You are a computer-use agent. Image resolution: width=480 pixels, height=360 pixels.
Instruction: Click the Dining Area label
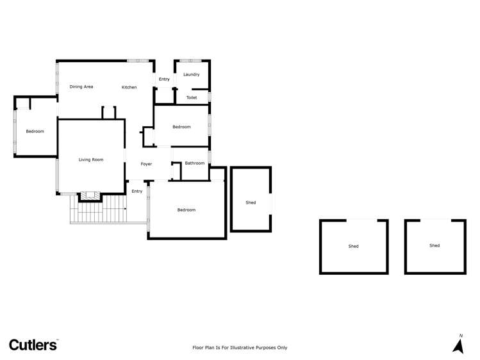tap(81, 86)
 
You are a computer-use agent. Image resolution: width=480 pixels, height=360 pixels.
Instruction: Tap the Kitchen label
tap(129, 87)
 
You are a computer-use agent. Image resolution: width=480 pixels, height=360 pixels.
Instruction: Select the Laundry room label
tap(191, 74)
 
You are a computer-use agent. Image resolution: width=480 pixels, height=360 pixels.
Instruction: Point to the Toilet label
tap(191, 97)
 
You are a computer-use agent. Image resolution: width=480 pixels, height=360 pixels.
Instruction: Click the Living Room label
tap(91, 160)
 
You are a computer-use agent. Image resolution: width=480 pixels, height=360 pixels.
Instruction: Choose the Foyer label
tap(147, 164)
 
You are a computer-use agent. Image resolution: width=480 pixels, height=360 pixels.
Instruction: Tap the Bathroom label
tap(195, 163)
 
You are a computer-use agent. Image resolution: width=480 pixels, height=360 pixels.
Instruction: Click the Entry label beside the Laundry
tap(164, 79)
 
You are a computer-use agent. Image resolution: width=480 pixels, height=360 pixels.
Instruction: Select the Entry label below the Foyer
tap(137, 191)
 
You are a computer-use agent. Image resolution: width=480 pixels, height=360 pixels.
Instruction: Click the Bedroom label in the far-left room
tap(35, 131)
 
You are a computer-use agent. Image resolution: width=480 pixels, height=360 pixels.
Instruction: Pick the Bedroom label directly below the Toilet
tap(181, 127)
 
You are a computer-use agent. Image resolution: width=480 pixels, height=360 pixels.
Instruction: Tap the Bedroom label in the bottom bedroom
tap(186, 209)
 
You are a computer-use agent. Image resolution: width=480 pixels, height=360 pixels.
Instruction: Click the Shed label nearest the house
tap(251, 202)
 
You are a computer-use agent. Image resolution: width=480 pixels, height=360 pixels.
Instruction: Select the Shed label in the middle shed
tap(354, 246)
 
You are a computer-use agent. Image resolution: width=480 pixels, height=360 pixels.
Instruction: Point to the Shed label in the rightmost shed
tap(434, 245)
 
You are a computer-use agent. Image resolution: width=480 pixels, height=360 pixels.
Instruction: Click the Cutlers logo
tap(33, 345)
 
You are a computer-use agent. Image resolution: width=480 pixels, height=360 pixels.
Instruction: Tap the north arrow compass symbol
tap(458, 345)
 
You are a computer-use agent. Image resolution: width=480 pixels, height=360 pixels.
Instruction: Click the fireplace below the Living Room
tap(90, 196)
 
